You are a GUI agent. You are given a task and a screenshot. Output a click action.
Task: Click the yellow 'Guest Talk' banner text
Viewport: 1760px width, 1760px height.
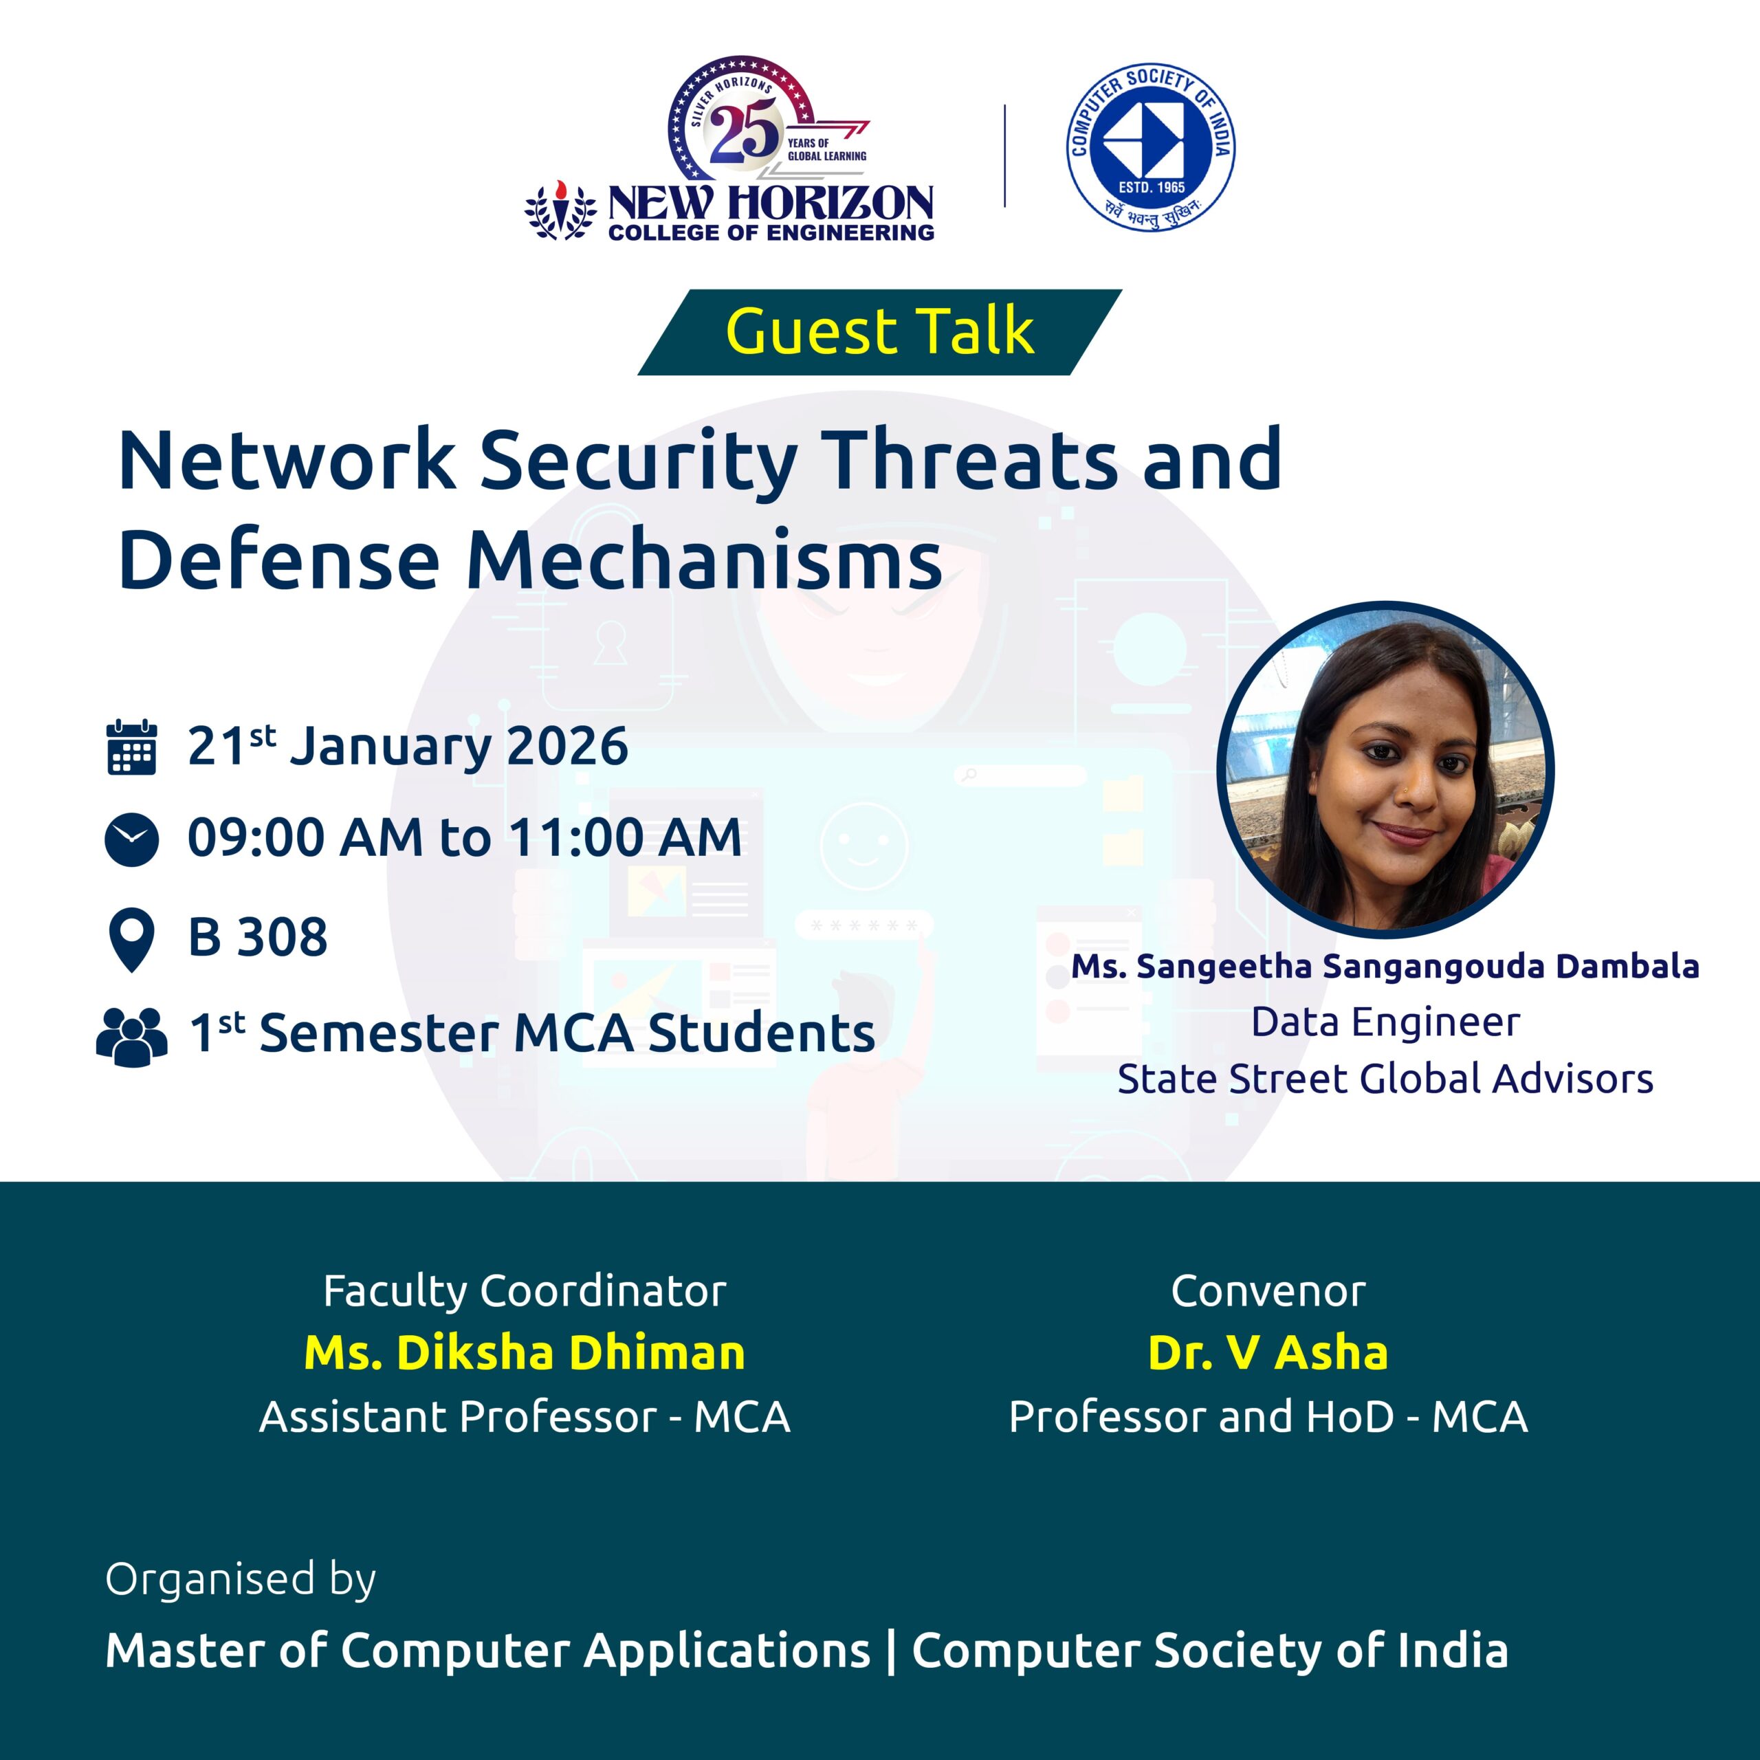click(880, 331)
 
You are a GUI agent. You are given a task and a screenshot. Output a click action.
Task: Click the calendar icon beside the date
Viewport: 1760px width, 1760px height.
click(132, 748)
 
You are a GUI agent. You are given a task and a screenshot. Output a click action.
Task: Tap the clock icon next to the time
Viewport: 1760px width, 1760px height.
click(132, 839)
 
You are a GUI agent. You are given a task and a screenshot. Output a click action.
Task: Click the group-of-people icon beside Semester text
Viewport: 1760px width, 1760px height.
click(132, 1037)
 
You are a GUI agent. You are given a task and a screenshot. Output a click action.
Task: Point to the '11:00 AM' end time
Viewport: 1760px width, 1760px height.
click(625, 837)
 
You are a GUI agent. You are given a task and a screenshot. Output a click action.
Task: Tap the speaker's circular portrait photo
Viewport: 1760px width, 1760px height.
click(1385, 768)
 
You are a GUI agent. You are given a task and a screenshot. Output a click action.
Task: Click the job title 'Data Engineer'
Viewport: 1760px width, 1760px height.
click(1385, 1022)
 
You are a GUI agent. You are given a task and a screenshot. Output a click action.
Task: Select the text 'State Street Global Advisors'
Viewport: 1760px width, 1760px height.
click(1385, 1079)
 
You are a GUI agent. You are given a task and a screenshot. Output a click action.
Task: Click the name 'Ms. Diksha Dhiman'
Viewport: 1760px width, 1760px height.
click(525, 1353)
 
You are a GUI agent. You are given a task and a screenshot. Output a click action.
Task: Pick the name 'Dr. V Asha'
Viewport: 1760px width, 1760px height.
click(1268, 1353)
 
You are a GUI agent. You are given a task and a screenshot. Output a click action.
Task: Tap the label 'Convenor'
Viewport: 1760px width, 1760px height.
click(1268, 1291)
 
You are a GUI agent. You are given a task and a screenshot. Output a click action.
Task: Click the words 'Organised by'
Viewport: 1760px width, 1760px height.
click(241, 1581)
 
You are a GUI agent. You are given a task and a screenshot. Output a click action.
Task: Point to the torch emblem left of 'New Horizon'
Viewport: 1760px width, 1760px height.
click(560, 211)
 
